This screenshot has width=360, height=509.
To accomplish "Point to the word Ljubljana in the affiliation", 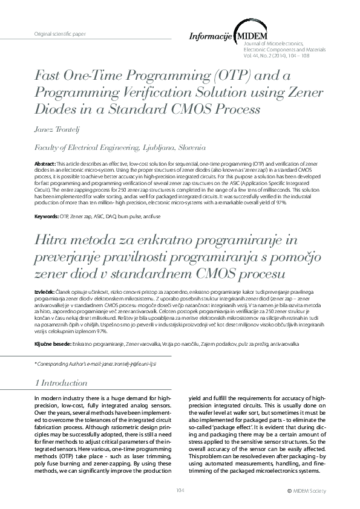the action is coord(163,146).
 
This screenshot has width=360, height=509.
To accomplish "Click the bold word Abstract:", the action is coord(45,164).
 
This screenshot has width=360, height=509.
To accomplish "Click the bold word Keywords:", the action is coord(47,216).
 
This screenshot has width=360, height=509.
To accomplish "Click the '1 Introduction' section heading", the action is coord(62,383).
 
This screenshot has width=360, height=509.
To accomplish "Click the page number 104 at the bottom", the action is coord(180,490).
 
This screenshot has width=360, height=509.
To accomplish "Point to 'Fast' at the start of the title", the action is coord(49,76).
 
